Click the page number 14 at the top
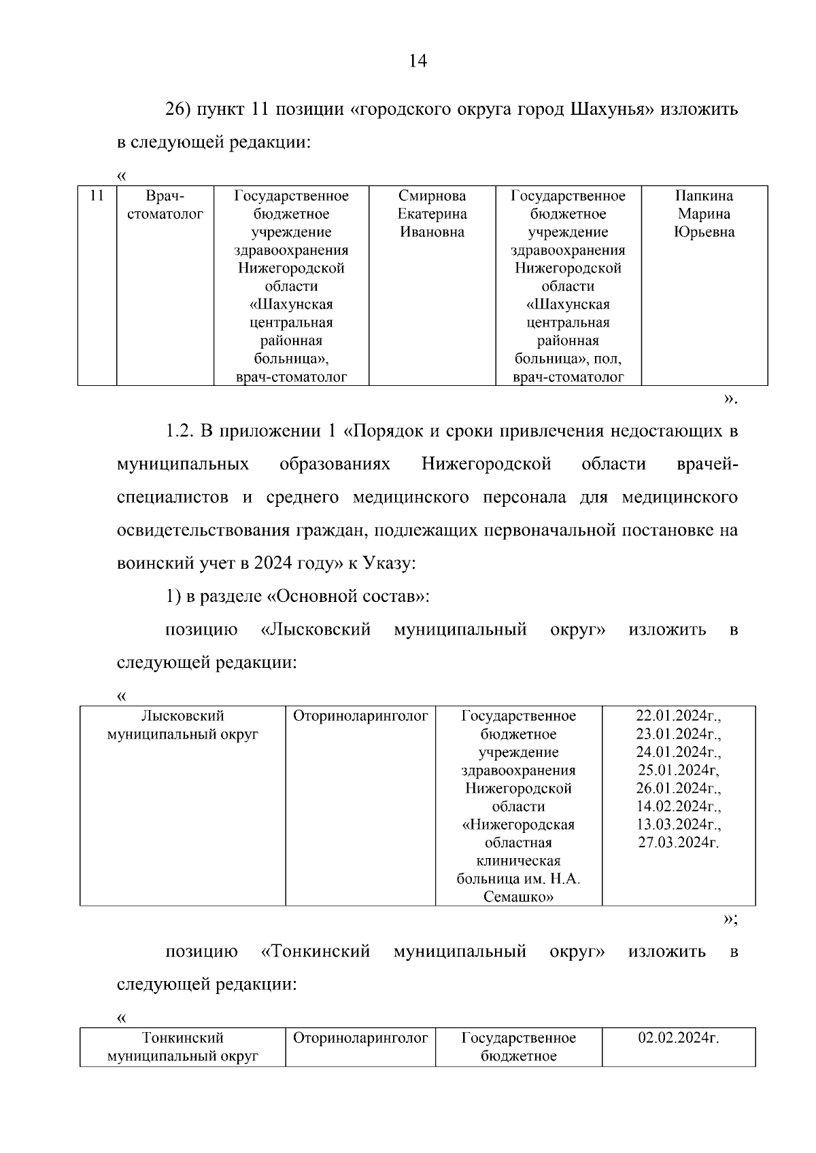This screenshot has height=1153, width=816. click(x=418, y=62)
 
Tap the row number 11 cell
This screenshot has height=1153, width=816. click(x=97, y=196)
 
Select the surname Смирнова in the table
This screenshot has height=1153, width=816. click(x=432, y=196)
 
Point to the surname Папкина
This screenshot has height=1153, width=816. click(x=704, y=196)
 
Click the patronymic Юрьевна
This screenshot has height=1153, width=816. click(x=704, y=232)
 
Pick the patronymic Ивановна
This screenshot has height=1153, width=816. click(x=432, y=232)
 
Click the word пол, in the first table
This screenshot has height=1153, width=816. click(x=607, y=359)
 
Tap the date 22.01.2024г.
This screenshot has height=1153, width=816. click(x=678, y=716)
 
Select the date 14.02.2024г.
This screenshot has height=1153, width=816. click(x=678, y=806)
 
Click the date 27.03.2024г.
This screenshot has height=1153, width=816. click(x=678, y=842)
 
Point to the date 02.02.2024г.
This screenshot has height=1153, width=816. click(x=678, y=1038)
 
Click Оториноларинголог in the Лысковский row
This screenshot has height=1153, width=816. click(x=360, y=716)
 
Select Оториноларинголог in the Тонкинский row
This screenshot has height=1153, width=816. click(x=360, y=1038)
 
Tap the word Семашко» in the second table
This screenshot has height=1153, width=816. click(x=518, y=897)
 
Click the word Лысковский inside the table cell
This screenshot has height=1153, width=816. click(x=182, y=716)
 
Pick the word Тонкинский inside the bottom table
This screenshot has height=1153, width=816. click(x=182, y=1038)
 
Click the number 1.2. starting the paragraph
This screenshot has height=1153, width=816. click(x=180, y=431)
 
